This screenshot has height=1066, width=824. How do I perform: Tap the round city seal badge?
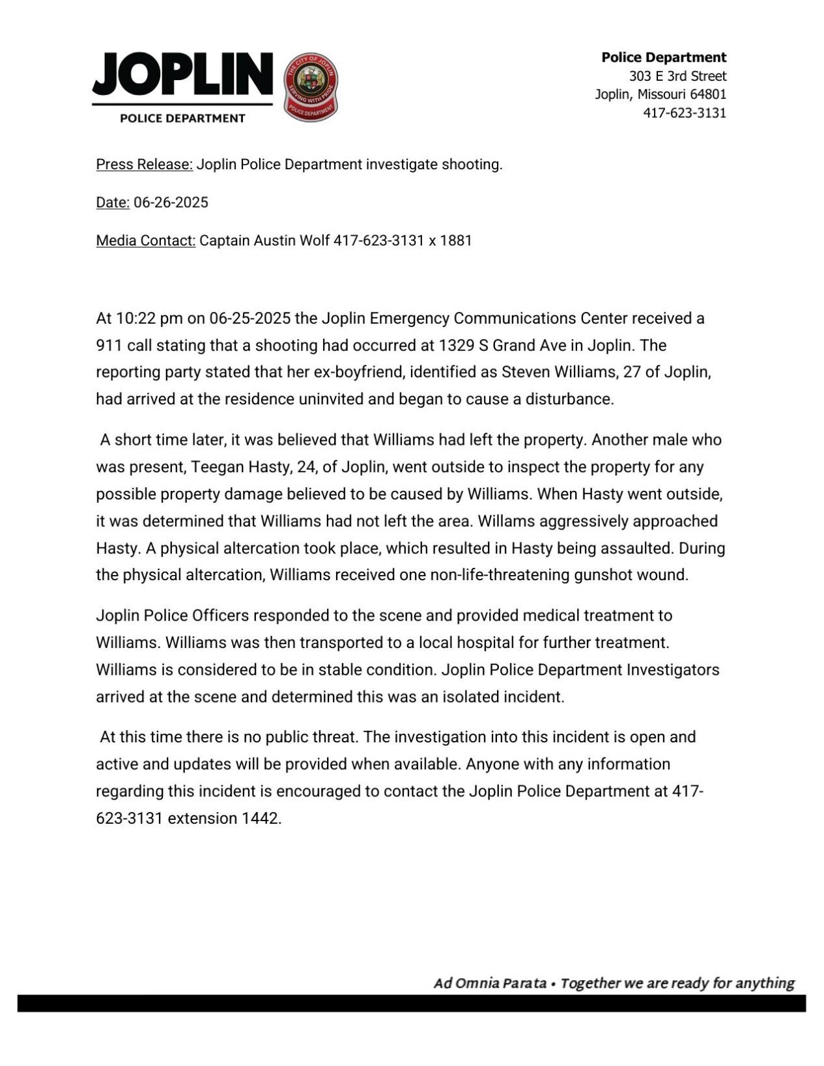311,86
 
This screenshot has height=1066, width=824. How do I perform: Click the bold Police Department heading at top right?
663,57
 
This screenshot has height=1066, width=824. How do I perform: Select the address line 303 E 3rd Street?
677,76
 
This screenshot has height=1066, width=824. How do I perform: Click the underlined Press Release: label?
144,164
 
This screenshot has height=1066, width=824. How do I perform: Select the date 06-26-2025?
171,203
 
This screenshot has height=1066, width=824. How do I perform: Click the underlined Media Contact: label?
145,241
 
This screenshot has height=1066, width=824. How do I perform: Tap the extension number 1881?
455,241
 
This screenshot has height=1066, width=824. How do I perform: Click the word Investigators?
673,669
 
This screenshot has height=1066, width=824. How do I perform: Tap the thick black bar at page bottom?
412,1003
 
